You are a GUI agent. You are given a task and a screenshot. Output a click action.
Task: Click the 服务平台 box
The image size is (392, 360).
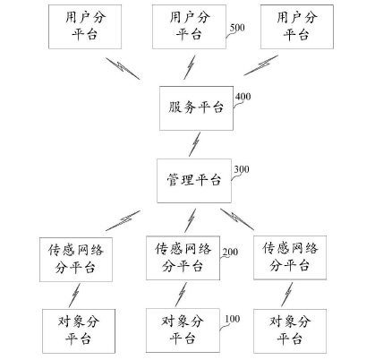click(194, 107)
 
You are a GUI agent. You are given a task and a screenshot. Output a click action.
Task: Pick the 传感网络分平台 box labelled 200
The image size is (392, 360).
click(183, 258)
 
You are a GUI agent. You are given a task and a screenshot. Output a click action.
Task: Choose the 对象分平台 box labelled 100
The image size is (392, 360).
click(183, 328)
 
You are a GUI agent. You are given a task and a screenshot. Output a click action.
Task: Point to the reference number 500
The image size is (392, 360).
click(237, 28)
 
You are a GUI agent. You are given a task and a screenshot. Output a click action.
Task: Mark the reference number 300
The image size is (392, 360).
click(241, 168)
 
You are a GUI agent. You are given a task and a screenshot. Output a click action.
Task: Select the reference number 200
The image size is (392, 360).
click(232, 253)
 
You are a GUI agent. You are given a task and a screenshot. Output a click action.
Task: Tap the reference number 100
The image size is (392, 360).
click(232, 319)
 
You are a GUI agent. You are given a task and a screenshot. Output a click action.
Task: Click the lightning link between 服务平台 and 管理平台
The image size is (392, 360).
click(193, 143)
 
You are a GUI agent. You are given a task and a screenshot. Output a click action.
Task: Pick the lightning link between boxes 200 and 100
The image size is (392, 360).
click(183, 293)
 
